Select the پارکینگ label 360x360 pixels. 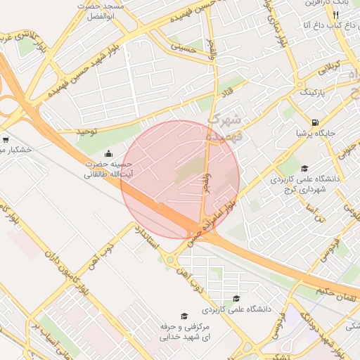(314, 92)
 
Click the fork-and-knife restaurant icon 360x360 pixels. (337, 15)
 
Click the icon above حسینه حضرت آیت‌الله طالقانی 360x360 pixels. (108, 154)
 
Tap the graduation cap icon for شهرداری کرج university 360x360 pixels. (304, 168)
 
